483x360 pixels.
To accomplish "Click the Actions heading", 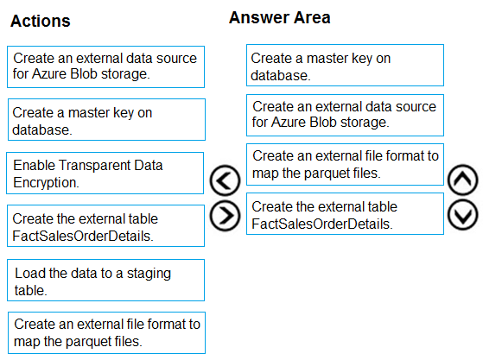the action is [x=41, y=21].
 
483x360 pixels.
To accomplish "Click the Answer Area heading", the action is [x=280, y=17].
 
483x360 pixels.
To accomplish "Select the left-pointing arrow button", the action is [x=225, y=180].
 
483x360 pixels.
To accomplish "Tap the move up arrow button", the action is [x=463, y=180].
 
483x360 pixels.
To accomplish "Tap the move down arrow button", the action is [x=463, y=215].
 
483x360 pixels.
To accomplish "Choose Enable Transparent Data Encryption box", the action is [x=105, y=174].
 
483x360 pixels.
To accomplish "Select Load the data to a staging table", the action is [x=106, y=281].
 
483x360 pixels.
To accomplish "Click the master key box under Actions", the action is [x=106, y=120].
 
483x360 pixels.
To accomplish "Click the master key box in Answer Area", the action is [x=345, y=66].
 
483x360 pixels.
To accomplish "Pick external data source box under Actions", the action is [x=106, y=67].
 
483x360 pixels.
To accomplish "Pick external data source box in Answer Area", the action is [x=345, y=116].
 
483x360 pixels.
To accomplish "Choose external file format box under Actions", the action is [x=106, y=333].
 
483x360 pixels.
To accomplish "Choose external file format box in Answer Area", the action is [x=345, y=165].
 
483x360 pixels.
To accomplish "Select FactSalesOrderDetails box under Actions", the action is [x=106, y=226].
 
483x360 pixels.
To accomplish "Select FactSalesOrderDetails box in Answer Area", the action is [x=345, y=214].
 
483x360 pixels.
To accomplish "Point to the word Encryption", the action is [x=46, y=182].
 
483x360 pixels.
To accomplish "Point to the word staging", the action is [x=149, y=274].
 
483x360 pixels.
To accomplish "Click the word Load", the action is [x=30, y=273].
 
